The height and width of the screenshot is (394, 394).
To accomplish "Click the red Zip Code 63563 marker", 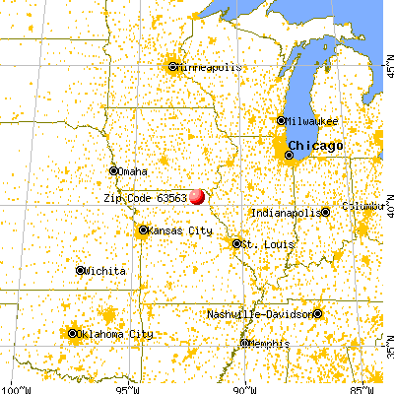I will pos(197,196).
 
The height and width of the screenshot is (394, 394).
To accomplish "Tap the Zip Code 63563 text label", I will pos(145,196).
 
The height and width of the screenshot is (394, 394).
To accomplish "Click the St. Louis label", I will pos(263,243).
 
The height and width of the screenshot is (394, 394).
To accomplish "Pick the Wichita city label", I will pos(105,270).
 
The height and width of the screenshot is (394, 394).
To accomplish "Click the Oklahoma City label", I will pos(114,334).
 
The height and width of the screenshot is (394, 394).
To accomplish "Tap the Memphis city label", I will pos(269,344).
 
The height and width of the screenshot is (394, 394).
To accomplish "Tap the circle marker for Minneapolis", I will pos(173,67).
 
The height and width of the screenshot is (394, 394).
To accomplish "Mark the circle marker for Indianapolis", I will pos(323,212).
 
